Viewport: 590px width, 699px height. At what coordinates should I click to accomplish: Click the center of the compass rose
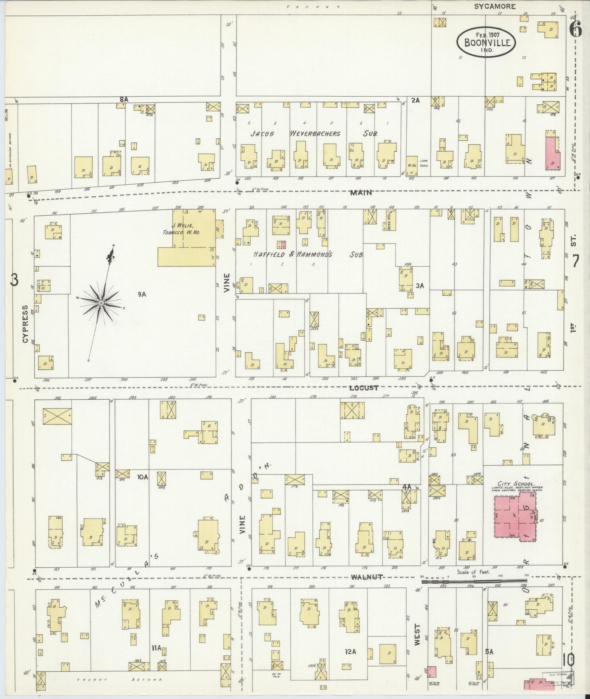click(x=100, y=303)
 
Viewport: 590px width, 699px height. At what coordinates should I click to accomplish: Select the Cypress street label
click(x=26, y=323)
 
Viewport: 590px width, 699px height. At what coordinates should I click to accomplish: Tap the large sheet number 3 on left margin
click(x=14, y=280)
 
